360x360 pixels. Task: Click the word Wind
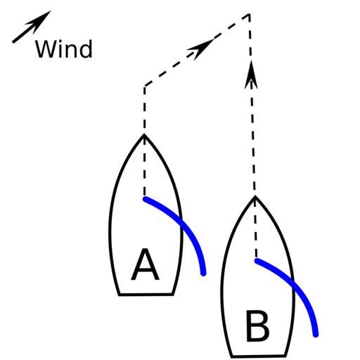point(64,49)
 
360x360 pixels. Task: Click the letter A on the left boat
point(146,264)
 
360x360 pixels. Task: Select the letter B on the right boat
point(257,326)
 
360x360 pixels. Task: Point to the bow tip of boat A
point(144,134)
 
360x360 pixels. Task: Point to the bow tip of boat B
point(255,196)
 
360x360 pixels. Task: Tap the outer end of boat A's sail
point(203,274)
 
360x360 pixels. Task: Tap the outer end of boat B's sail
point(316,335)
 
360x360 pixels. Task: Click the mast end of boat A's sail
point(146,199)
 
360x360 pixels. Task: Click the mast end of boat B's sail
point(257,261)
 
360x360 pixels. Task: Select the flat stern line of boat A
point(146,295)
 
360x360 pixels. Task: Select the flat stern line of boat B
point(259,356)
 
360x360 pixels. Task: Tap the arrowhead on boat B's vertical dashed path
point(251,75)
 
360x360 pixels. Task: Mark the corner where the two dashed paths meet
point(249,15)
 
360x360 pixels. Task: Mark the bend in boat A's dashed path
point(145,86)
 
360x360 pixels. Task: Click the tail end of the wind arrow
point(13,42)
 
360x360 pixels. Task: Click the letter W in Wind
point(46,49)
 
